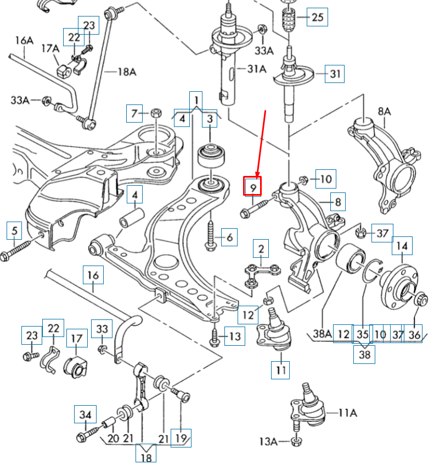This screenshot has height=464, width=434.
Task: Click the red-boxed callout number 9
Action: [x=253, y=187]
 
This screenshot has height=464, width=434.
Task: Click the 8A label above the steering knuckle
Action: [x=384, y=112]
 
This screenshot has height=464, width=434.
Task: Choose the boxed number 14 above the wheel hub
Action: [x=402, y=247]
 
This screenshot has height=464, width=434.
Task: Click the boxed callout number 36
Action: [x=415, y=333]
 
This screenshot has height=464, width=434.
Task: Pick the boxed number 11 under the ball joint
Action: [x=281, y=370]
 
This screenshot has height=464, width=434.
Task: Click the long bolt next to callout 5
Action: [x=22, y=248]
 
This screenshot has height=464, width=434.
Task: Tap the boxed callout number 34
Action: [x=85, y=415]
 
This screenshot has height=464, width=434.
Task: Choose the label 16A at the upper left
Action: [x=24, y=40]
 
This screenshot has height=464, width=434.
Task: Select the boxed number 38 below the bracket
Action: [x=364, y=355]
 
